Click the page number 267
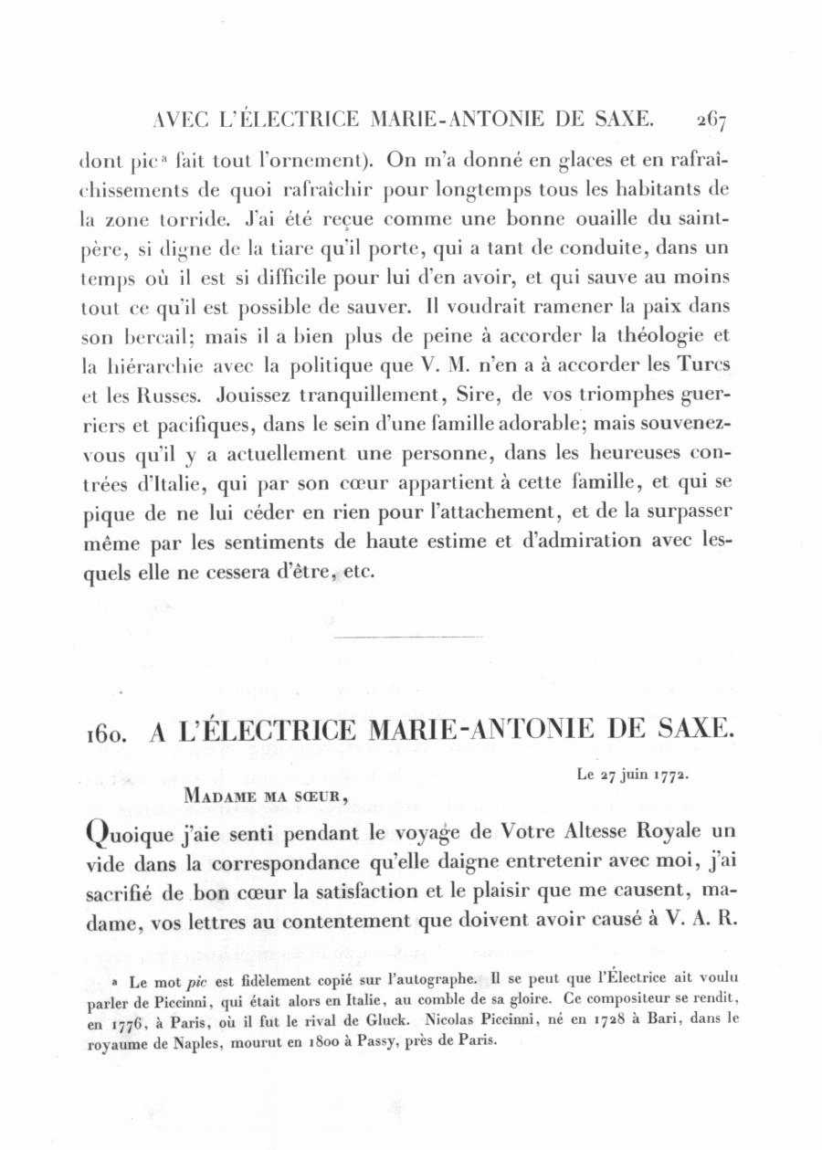(710, 119)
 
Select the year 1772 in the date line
(670, 775)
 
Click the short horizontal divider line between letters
(408, 636)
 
